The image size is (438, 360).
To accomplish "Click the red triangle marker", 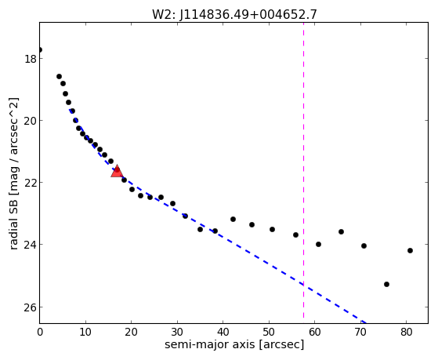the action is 117,171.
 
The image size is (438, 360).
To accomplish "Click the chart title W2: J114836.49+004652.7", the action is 234,14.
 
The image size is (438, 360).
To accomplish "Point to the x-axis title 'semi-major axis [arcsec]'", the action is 234,344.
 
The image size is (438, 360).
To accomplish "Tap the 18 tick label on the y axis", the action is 30,59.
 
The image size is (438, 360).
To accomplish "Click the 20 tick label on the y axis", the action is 30,121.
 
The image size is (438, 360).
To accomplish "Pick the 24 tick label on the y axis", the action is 30,245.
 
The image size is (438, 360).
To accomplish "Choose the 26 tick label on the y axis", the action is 30,307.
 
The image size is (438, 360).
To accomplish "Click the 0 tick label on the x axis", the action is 40,332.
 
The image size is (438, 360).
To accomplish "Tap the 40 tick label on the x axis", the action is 223,332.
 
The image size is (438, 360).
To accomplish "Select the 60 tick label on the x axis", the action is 314,332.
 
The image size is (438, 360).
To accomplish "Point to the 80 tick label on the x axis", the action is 406,332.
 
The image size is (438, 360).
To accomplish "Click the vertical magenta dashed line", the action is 304,173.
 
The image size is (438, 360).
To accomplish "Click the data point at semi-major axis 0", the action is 40,49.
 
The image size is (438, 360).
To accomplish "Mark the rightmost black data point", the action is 410,250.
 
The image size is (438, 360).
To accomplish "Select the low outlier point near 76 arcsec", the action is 386,284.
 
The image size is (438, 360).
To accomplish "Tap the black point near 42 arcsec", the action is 233,219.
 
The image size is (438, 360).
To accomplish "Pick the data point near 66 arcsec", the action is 341,231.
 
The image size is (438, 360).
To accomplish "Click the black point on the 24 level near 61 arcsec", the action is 318,244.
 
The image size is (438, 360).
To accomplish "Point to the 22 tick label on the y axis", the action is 30,183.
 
